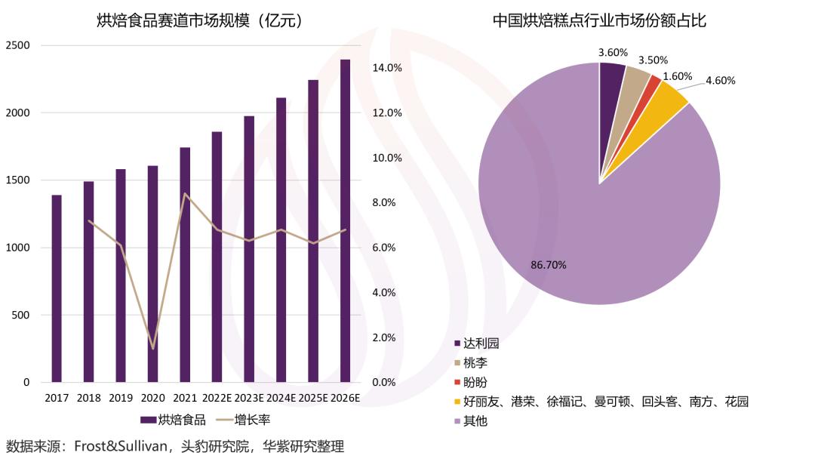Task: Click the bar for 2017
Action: coord(57,288)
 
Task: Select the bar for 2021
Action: coord(185,264)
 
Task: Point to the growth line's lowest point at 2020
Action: coord(152,349)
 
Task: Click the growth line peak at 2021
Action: coord(185,193)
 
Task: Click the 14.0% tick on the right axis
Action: coord(387,68)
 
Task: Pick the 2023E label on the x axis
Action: coord(248,398)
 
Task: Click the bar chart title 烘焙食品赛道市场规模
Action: coord(200,21)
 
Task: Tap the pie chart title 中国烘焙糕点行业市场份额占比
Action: coord(599,21)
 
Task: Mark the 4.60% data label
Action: coord(720,81)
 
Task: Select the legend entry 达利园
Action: coord(481,343)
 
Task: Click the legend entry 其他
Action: coord(475,421)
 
